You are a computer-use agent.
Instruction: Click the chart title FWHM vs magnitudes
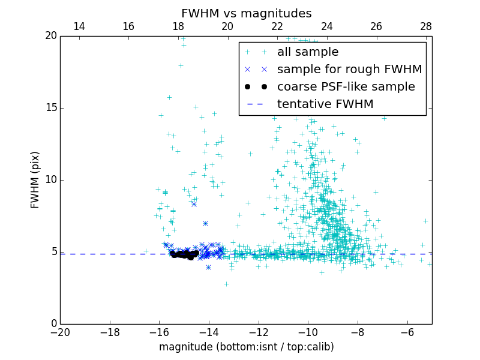click(246, 13)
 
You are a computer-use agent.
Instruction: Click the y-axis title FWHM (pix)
click(35, 179)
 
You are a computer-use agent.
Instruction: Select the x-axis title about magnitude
click(246, 347)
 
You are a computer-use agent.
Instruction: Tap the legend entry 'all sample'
click(308, 52)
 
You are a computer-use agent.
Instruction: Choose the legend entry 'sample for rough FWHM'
click(349, 70)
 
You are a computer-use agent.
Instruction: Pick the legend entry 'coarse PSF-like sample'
click(346, 87)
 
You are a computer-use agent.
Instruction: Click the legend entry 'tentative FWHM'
click(325, 104)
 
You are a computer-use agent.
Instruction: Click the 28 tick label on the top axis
click(426, 26)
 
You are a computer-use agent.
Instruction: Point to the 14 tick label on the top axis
click(79, 26)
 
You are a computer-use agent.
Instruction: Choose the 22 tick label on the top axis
click(277, 26)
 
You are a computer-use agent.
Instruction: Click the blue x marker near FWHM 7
click(205, 223)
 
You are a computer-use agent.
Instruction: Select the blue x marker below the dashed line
click(208, 267)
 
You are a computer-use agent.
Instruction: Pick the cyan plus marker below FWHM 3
click(226, 284)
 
